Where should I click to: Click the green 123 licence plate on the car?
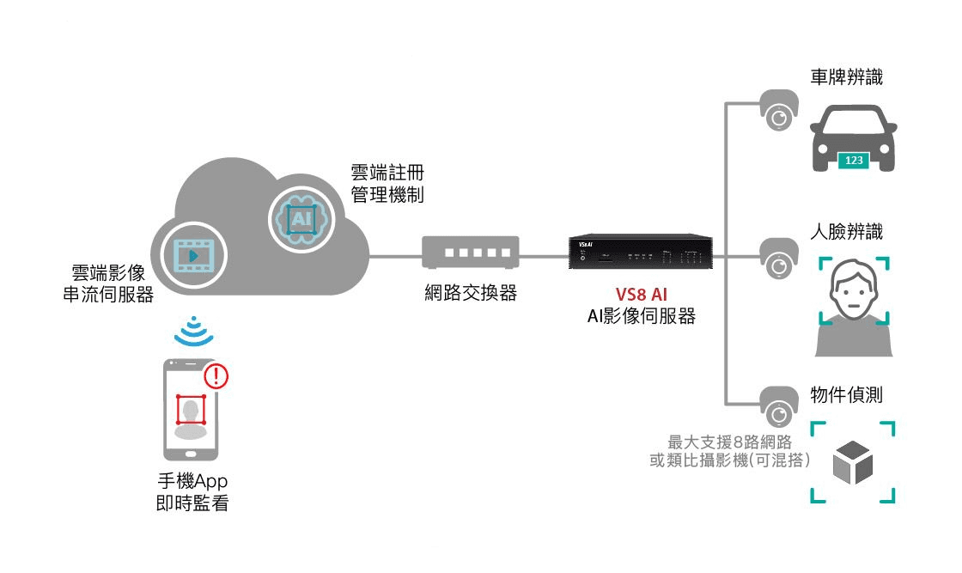tap(855, 160)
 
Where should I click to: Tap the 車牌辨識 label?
tap(847, 78)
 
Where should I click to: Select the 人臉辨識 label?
tap(847, 231)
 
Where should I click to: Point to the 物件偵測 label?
tap(847, 395)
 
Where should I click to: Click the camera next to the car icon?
tap(779, 114)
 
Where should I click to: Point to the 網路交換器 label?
tap(471, 293)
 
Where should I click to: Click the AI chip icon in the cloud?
tap(300, 218)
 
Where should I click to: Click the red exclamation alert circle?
tap(216, 375)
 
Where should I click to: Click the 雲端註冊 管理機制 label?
tap(387, 183)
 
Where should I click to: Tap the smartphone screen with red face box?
tap(192, 410)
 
